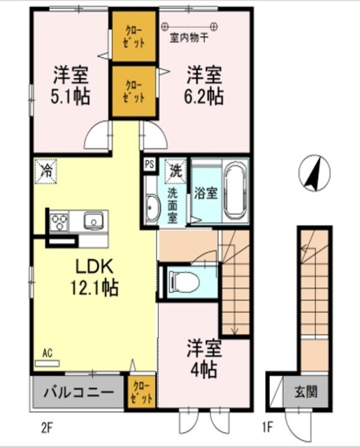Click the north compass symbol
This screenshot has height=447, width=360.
315,173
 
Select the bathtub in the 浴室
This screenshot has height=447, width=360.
235,191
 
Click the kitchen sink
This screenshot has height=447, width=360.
93,221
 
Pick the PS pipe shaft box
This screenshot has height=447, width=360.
150,164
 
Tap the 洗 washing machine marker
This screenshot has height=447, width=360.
175,170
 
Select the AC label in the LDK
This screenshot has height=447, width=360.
48,353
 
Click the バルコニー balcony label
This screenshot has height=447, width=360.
79,393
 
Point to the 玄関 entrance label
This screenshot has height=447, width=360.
305,393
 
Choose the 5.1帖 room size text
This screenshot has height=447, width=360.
70,96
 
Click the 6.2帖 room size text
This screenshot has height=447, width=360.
203,96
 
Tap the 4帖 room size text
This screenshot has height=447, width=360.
203,369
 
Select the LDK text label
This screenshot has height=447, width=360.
94,267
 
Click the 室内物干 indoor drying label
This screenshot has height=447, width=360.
189,38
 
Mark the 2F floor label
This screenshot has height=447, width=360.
47,427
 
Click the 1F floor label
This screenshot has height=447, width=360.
268,427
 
